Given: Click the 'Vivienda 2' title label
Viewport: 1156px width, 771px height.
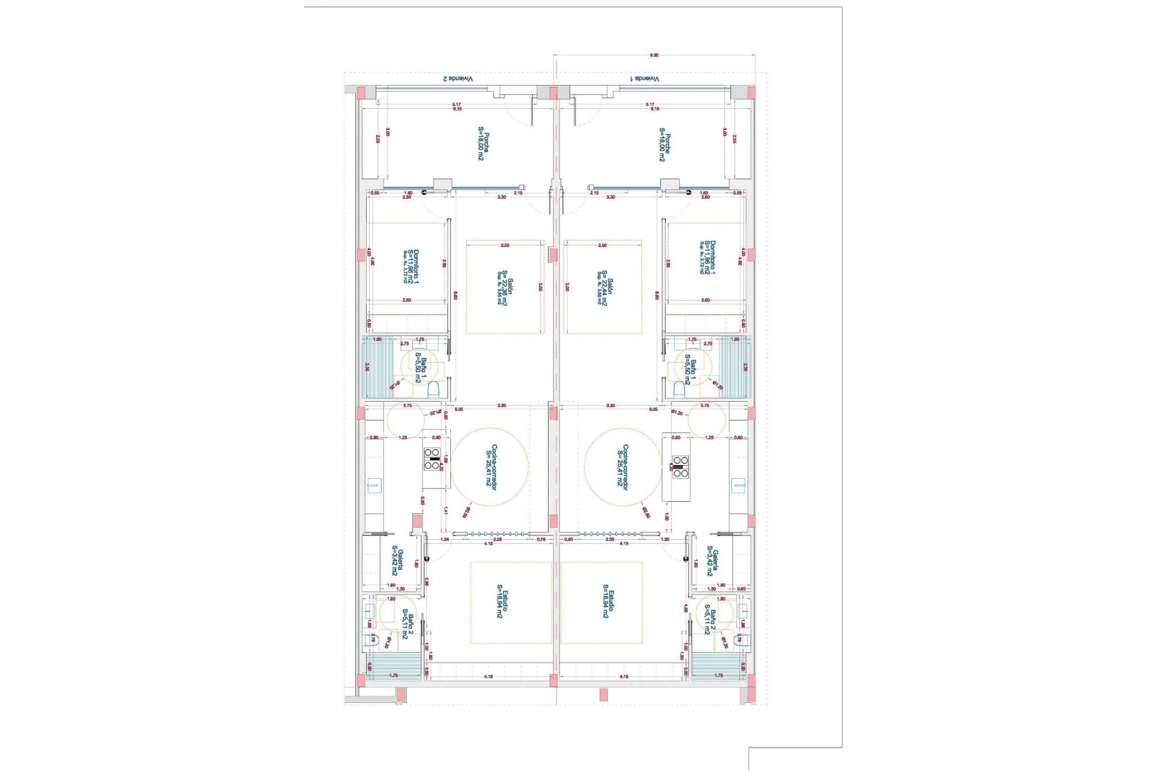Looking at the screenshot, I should (x=458, y=79).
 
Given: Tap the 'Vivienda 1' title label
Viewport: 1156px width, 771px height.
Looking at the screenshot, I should (x=645, y=79).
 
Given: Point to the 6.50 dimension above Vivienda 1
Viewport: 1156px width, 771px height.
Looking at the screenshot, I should (x=654, y=55).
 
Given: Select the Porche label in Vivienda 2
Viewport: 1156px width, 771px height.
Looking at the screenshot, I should (x=483, y=146).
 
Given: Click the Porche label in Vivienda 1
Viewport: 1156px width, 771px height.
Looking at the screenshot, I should (x=664, y=146).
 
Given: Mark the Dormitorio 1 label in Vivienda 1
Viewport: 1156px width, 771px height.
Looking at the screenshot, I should (x=709, y=258).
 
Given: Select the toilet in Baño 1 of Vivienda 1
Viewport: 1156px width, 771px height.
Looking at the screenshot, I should (x=679, y=390).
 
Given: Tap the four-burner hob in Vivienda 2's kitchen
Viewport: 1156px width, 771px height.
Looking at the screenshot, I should (x=432, y=459).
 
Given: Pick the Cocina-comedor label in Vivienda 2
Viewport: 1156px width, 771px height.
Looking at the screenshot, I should (x=491, y=467).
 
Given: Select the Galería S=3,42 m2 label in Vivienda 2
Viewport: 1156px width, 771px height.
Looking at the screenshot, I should (x=397, y=561).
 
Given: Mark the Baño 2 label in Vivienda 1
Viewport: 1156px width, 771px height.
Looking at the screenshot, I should (x=710, y=620).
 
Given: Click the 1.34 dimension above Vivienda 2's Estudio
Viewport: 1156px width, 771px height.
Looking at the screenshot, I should (x=445, y=540).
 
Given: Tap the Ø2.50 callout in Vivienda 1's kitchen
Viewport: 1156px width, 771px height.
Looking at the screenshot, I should (x=645, y=513).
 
